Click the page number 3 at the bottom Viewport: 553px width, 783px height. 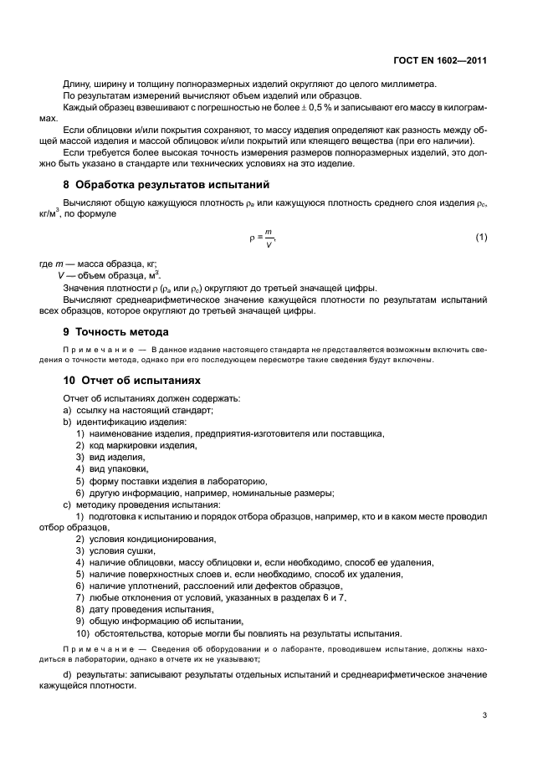486,714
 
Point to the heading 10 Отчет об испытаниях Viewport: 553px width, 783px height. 132,380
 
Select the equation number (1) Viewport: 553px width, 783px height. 481,238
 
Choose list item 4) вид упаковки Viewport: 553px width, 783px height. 117,469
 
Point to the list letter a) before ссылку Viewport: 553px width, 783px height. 68,409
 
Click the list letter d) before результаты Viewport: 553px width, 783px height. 68,674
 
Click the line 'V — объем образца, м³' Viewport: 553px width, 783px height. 109,276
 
